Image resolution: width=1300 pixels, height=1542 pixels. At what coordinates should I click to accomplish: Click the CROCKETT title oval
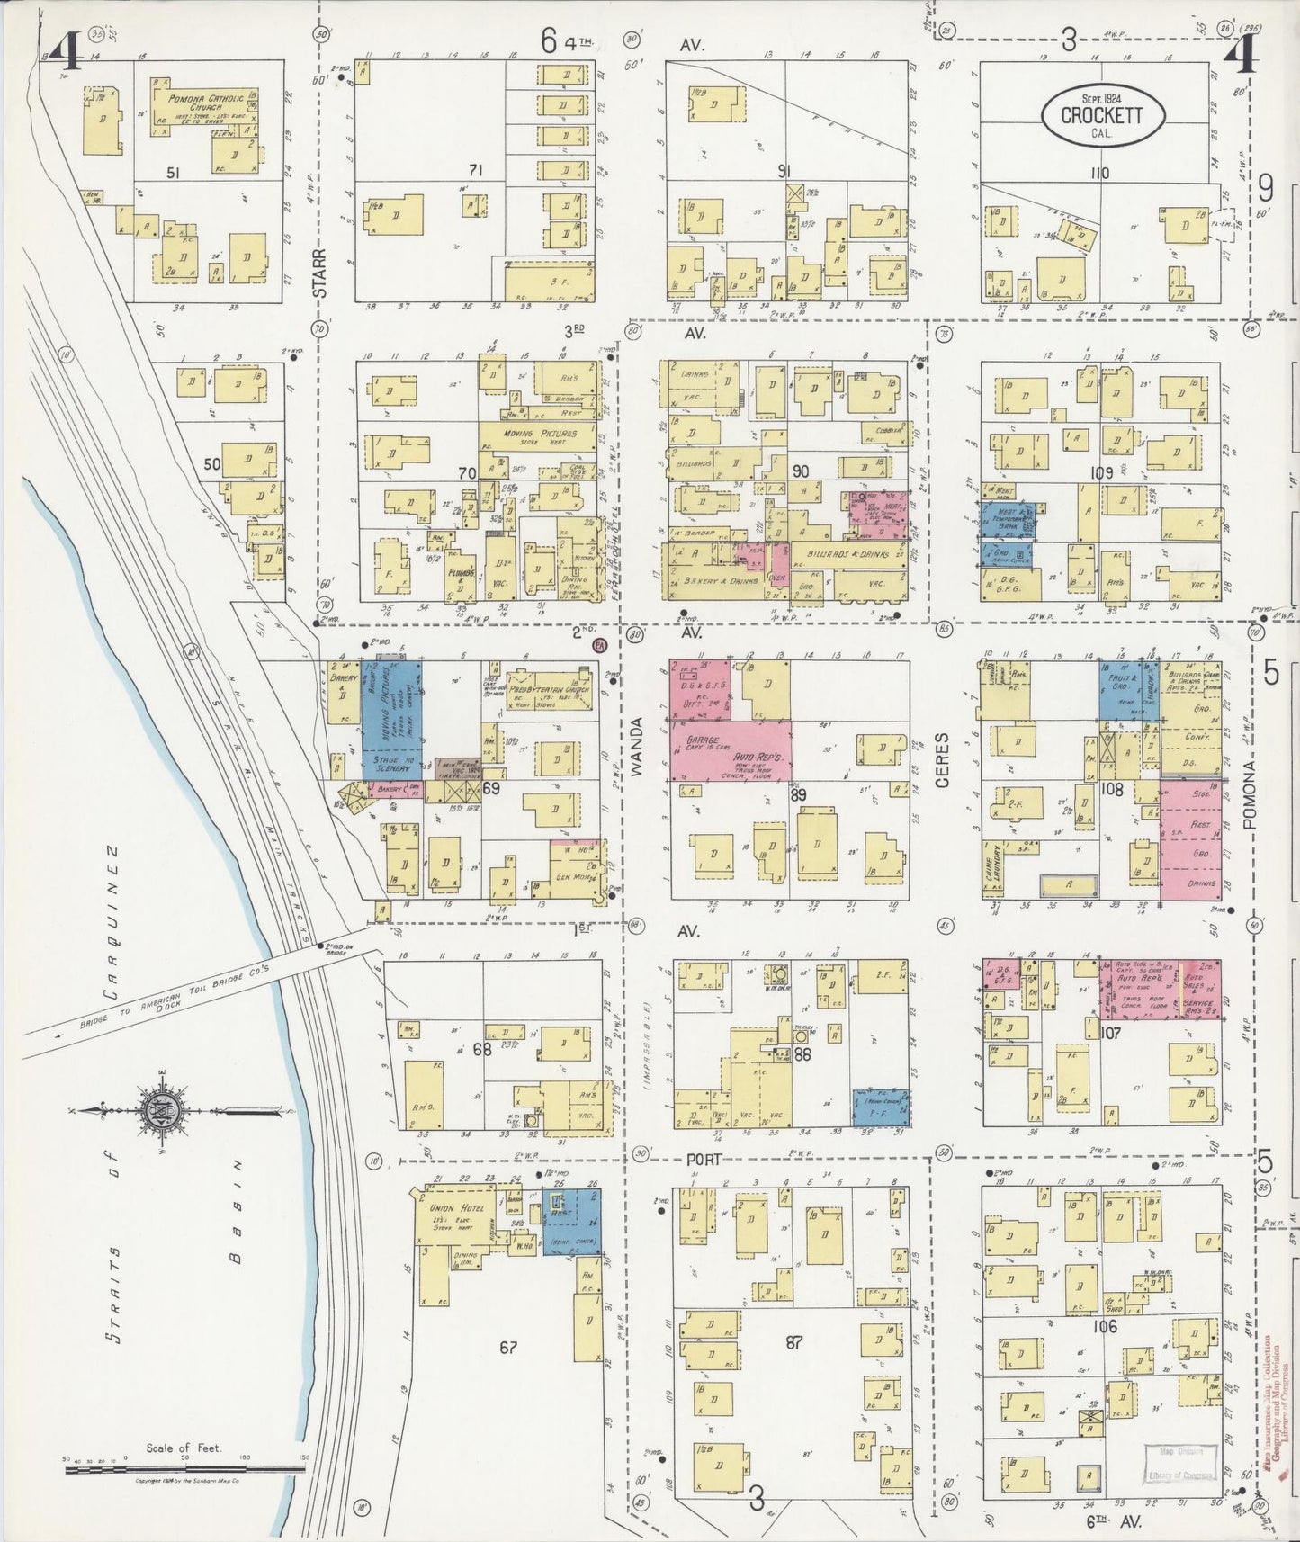click(x=1102, y=116)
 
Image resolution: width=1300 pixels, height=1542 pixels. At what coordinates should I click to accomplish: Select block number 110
click(x=1099, y=172)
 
